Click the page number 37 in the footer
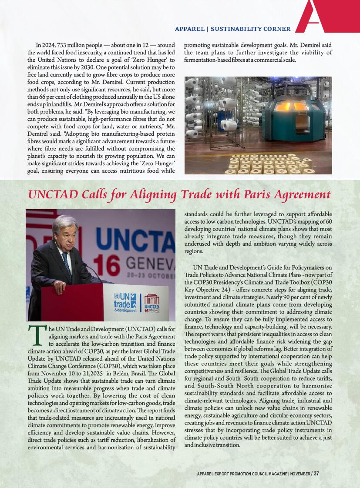[x=316, y=473]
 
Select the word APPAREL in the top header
[x=189, y=29]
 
